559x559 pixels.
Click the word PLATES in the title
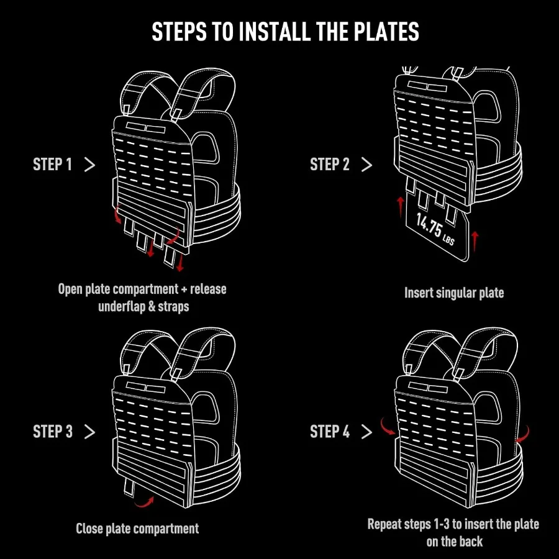pos(380,32)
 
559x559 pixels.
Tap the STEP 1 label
pos(53,165)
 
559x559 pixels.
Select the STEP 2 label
pos(330,165)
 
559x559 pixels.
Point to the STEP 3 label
pos(53,432)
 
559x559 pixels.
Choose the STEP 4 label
pos(330,432)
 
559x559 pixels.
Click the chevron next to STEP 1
pos(89,165)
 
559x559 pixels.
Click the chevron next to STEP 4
pos(366,432)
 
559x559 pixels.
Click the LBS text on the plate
pos(448,238)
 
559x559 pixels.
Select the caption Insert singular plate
pos(454,293)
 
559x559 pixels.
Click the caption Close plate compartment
pos(137,529)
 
